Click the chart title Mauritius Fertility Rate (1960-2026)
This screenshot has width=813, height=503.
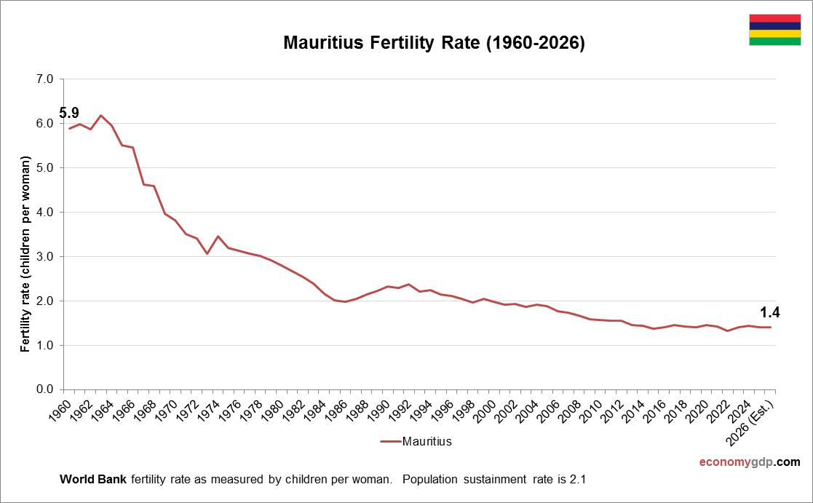tap(434, 43)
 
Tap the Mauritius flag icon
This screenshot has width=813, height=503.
tap(774, 30)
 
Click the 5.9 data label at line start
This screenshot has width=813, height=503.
tap(69, 113)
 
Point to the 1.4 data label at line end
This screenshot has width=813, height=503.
tap(769, 313)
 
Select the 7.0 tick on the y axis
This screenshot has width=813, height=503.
tap(44, 79)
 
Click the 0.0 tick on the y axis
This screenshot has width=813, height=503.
tap(44, 389)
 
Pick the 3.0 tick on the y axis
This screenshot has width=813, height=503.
tap(44, 256)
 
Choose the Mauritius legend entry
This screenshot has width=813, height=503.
tap(416, 441)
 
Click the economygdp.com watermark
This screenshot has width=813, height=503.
tap(749, 462)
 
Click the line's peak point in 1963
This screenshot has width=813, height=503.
tap(101, 116)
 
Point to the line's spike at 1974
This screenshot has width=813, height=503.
tap(218, 236)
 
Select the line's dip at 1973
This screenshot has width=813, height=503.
tap(207, 253)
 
